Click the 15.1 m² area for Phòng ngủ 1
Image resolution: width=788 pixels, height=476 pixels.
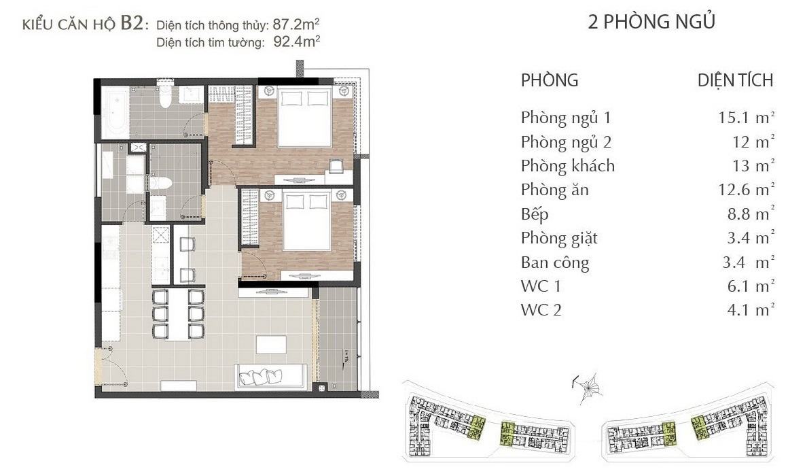click(747, 118)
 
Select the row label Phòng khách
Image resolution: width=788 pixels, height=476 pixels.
click(567, 166)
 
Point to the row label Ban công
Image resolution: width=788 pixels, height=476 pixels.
click(555, 262)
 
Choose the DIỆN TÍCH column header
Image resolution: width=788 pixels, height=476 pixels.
click(735, 80)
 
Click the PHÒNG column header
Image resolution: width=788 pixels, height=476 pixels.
click(550, 80)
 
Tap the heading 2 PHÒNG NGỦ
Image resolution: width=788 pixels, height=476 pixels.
click(651, 22)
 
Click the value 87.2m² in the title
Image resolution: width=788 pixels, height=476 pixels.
click(296, 24)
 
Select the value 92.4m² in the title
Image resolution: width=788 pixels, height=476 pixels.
click(296, 41)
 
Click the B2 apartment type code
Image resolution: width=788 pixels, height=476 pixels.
click(132, 24)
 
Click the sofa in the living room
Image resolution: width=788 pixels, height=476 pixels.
click(270, 376)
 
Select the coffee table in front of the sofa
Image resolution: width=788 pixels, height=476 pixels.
click(271, 345)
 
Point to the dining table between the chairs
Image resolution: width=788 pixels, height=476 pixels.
click(179, 313)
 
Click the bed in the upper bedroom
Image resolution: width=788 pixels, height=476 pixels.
click(305, 118)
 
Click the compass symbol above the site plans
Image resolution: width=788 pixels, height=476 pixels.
click(588, 388)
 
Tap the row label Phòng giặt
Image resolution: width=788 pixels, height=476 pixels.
click(559, 239)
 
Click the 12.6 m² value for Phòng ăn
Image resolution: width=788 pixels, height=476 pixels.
click(747, 190)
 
